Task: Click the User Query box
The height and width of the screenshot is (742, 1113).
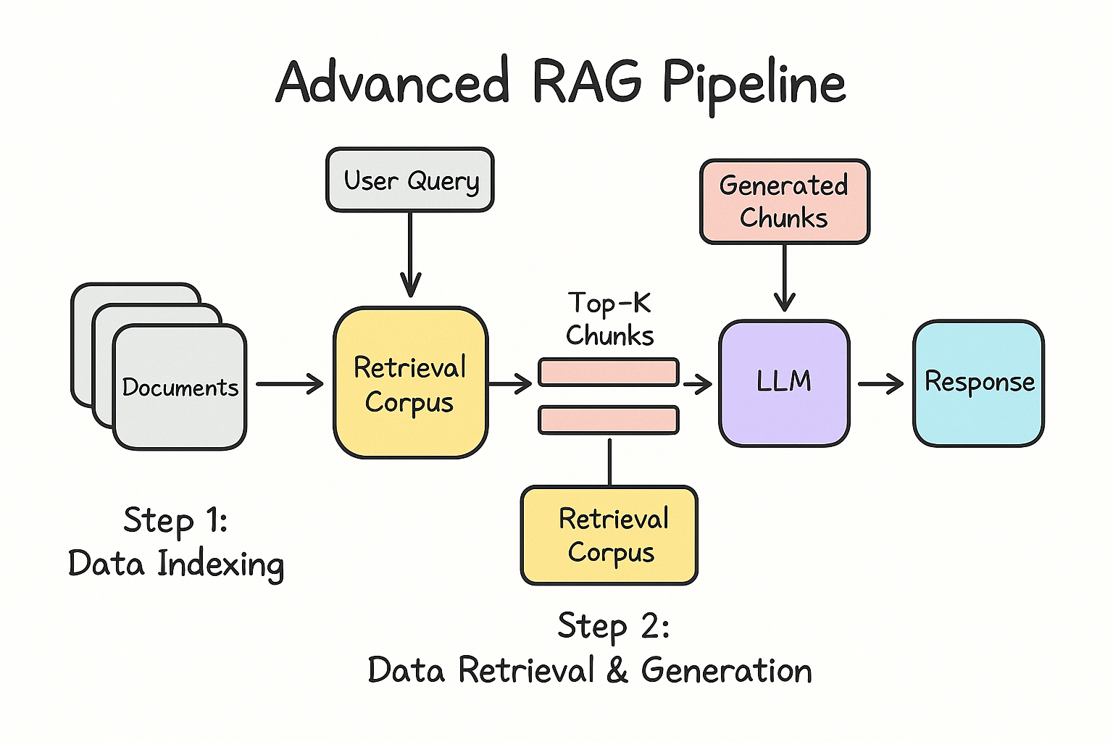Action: [410, 180]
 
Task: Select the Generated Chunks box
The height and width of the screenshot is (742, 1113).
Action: [784, 201]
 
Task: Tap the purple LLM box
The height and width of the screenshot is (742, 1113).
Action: [784, 382]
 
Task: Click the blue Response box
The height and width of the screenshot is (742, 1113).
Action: [978, 383]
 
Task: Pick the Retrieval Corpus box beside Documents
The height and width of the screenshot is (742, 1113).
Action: [410, 383]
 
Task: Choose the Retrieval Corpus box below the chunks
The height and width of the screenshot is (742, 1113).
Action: [609, 535]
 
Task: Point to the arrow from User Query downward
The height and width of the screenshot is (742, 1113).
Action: [410, 254]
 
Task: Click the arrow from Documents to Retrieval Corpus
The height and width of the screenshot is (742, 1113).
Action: [290, 383]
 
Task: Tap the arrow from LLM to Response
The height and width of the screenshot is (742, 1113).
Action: [880, 383]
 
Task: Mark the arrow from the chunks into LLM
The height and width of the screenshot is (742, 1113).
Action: [697, 383]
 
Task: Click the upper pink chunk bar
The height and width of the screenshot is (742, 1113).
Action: [609, 372]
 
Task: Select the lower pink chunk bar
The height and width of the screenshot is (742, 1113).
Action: [609, 420]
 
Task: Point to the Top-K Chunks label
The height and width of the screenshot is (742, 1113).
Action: [609, 319]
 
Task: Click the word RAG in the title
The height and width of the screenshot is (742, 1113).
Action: [587, 81]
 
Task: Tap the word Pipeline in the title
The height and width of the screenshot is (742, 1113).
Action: [754, 83]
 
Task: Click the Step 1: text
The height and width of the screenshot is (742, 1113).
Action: [175, 520]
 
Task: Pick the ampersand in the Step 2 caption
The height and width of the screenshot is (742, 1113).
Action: [617, 670]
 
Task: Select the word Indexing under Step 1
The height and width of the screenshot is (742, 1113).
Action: [221, 564]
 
